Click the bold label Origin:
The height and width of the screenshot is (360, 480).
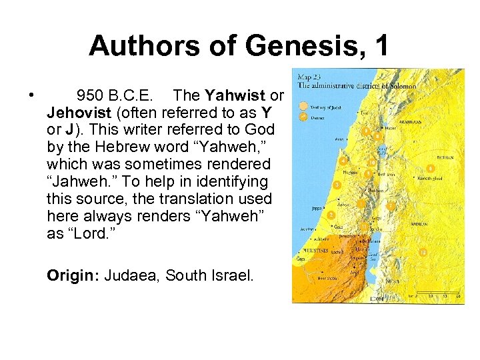(x=71, y=275)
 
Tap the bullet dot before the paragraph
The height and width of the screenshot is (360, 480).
(x=32, y=95)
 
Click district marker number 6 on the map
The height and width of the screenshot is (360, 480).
(x=431, y=169)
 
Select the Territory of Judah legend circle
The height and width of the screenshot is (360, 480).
(x=303, y=105)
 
